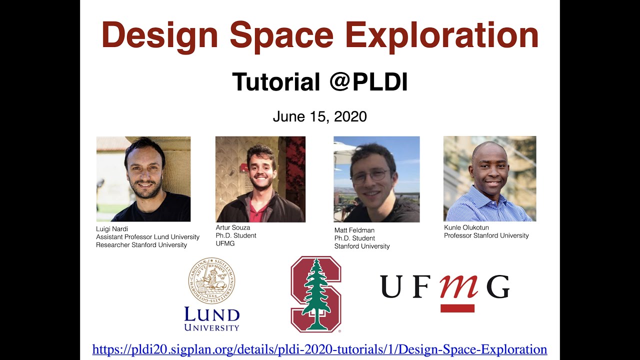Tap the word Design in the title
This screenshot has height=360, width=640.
tap(160, 35)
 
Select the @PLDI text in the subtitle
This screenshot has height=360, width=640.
tap(368, 82)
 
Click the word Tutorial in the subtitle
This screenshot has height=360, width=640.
tap(276, 82)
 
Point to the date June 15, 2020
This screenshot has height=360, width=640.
tap(319, 116)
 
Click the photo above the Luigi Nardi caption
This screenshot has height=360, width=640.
tap(143, 179)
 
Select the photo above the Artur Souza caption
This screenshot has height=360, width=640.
tap(260, 179)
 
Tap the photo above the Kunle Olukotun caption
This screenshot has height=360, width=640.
tap(489, 178)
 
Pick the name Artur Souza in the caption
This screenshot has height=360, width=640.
tap(233, 227)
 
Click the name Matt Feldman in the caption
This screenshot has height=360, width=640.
tap(354, 230)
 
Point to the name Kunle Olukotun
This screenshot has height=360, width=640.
tap(466, 227)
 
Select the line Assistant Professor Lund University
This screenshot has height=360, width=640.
tap(147, 237)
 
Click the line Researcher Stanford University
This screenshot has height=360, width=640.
tap(141, 245)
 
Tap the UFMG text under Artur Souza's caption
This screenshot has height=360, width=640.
tap(225, 243)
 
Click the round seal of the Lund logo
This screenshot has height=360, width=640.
tap(212, 281)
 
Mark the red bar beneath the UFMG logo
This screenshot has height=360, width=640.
tap(457, 308)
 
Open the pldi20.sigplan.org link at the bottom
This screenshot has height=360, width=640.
tap(319, 349)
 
